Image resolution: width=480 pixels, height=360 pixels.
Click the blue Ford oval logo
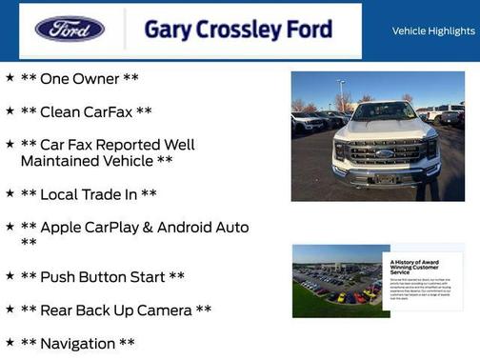pyautogui.click(x=70, y=29)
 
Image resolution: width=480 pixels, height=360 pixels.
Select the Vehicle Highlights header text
pyautogui.click(x=432, y=31)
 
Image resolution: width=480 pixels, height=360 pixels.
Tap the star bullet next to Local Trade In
pyautogui.click(x=10, y=193)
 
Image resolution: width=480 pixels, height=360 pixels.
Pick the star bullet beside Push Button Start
pyautogui.click(x=10, y=276)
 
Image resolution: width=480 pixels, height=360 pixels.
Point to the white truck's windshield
pyautogui.click(x=385, y=111)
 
